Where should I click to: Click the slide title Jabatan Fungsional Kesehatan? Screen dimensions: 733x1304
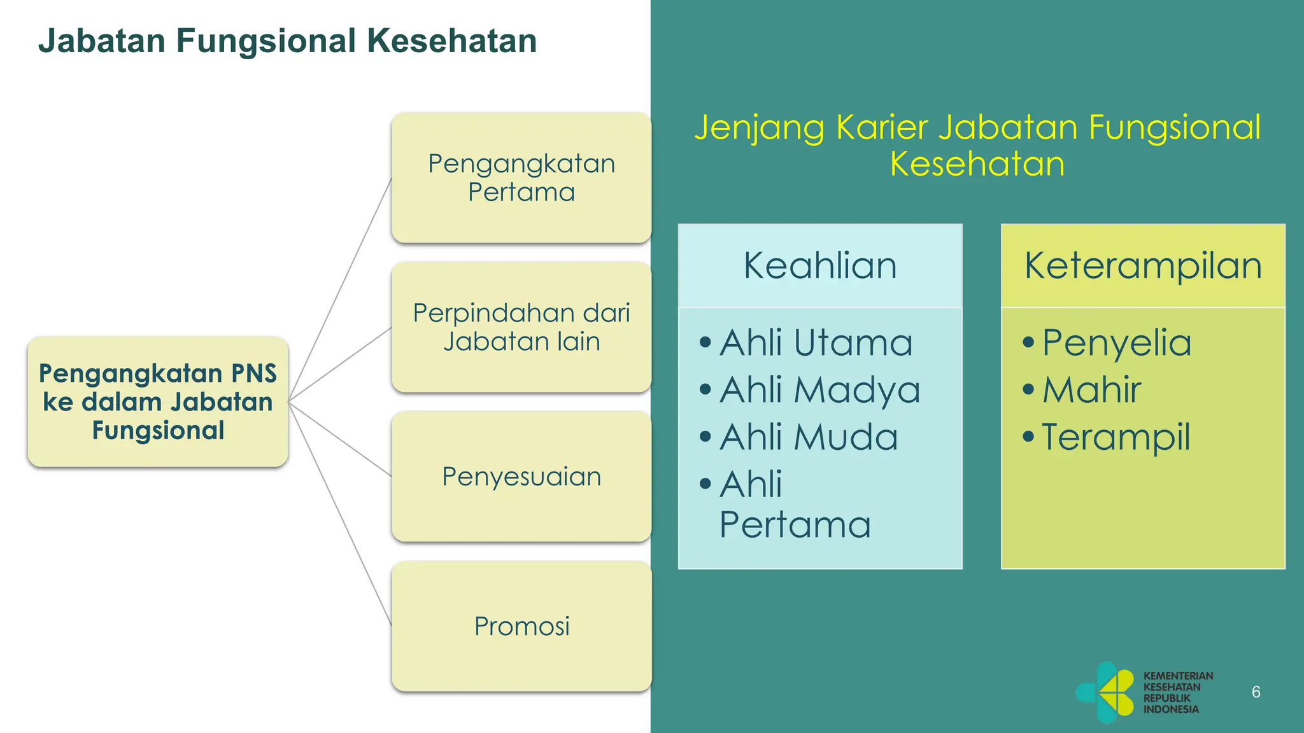[x=287, y=41]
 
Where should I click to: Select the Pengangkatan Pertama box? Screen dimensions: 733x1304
[x=521, y=178]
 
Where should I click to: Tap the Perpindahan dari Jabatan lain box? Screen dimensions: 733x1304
[x=521, y=327]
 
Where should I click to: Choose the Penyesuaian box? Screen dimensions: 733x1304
[x=521, y=477]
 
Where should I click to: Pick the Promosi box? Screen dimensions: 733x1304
[x=521, y=626]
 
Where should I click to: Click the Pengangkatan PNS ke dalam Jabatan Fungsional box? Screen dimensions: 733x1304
[x=158, y=401]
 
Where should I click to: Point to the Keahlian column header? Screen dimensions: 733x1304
[x=820, y=265]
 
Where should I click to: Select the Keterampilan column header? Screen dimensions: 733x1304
[x=1143, y=265]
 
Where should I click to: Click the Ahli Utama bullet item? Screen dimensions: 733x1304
[x=816, y=342]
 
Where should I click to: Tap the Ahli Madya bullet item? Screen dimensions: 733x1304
[x=819, y=389]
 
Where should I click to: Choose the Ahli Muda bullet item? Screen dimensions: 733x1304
[x=809, y=437]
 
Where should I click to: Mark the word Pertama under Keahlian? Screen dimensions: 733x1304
[x=795, y=525]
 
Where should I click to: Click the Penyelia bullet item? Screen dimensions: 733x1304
[x=1116, y=342]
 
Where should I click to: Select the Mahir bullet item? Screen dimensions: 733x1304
[x=1091, y=389]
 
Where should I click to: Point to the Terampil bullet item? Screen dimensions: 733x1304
[x=1116, y=437]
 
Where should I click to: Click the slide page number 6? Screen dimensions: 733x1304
[x=1256, y=692]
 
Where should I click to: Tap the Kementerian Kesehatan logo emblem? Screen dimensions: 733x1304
[x=1106, y=692]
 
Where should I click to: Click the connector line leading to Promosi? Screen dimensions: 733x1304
[x=341, y=515]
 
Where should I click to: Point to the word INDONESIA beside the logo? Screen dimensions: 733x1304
[x=1171, y=709]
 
